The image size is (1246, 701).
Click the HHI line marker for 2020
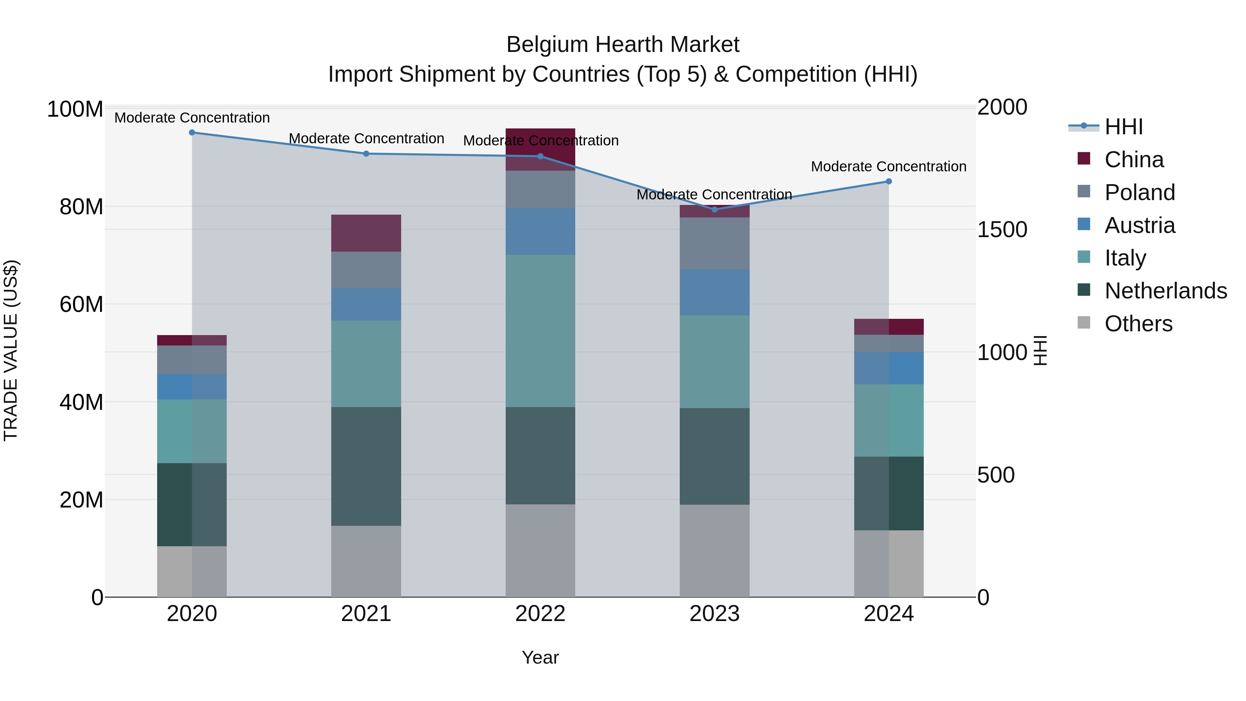[192, 132]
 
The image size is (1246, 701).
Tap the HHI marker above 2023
[714, 209]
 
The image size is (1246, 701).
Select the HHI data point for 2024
[888, 181]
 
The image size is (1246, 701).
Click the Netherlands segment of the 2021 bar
[366, 466]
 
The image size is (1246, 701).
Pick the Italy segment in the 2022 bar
[540, 331]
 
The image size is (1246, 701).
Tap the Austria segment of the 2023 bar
[714, 292]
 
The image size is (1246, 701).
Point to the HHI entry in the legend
[1123, 127]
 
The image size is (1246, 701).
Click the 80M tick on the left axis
[81, 207]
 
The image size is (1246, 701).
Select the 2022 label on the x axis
[540, 614]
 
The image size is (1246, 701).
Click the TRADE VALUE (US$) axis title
[11, 350]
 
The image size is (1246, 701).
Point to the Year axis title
[540, 657]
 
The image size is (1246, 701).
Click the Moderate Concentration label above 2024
[888, 167]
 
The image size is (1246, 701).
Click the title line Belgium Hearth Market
[623, 45]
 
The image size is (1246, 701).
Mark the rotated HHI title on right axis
[1040, 350]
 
